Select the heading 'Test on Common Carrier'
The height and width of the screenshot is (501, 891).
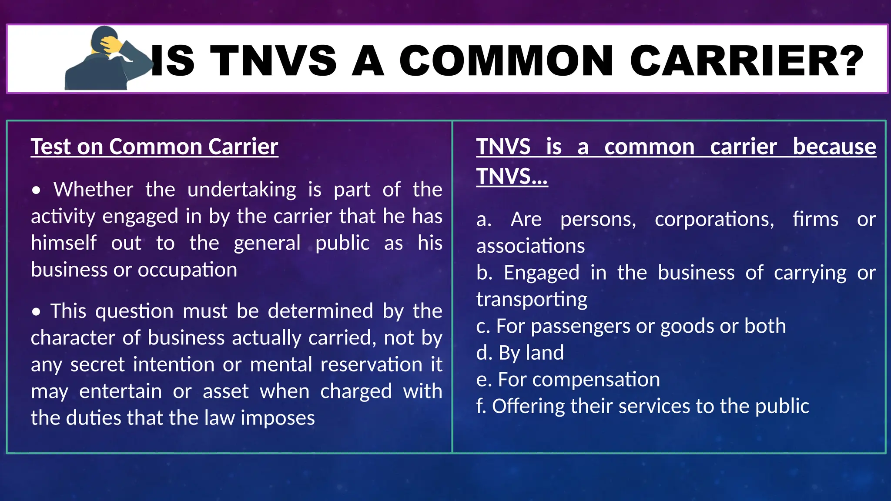[x=154, y=147]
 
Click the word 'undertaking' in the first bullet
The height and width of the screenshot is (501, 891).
[x=242, y=190]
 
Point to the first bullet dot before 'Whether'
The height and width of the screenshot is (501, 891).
[x=37, y=190]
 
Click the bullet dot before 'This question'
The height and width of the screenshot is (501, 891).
[x=37, y=312]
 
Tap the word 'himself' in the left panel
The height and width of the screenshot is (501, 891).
[x=64, y=243]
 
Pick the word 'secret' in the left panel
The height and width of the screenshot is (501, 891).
[x=97, y=364]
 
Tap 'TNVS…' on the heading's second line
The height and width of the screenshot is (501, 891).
[x=512, y=177]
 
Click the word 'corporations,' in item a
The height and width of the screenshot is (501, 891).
[x=714, y=219]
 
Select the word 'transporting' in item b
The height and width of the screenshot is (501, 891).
[x=532, y=300]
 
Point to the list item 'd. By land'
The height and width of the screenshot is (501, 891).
[x=520, y=353]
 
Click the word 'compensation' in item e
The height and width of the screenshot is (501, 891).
[x=596, y=380]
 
